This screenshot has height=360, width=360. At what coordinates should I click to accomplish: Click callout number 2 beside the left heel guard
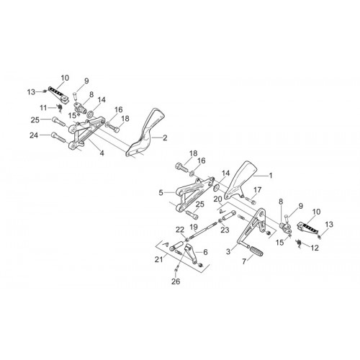point(165,138)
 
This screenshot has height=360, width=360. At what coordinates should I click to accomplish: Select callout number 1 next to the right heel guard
point(271,176)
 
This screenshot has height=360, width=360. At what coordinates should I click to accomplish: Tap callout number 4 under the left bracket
point(102,153)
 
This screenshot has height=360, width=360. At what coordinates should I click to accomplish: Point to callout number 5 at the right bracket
point(161,193)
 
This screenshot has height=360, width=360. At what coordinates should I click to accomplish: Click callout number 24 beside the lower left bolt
point(34,135)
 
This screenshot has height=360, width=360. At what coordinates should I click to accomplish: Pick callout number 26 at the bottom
point(176,282)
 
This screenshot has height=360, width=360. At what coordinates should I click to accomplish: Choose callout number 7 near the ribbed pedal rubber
point(244,261)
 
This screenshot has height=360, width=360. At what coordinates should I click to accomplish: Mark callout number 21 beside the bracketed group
point(158,259)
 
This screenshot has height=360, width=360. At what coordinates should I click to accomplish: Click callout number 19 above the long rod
point(194,227)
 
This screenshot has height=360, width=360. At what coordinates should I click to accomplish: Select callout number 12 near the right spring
point(315,248)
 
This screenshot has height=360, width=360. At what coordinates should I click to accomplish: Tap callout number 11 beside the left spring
point(43,108)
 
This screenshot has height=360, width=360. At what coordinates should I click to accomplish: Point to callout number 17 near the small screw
point(257,190)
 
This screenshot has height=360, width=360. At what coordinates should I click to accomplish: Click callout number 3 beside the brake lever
point(228,252)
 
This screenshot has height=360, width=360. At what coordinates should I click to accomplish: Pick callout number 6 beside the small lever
point(205,252)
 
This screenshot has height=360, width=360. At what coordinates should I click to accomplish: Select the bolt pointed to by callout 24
point(58,137)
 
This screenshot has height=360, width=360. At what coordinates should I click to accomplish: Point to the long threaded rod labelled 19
point(203,229)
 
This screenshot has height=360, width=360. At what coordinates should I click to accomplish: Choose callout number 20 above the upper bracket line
point(218,199)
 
